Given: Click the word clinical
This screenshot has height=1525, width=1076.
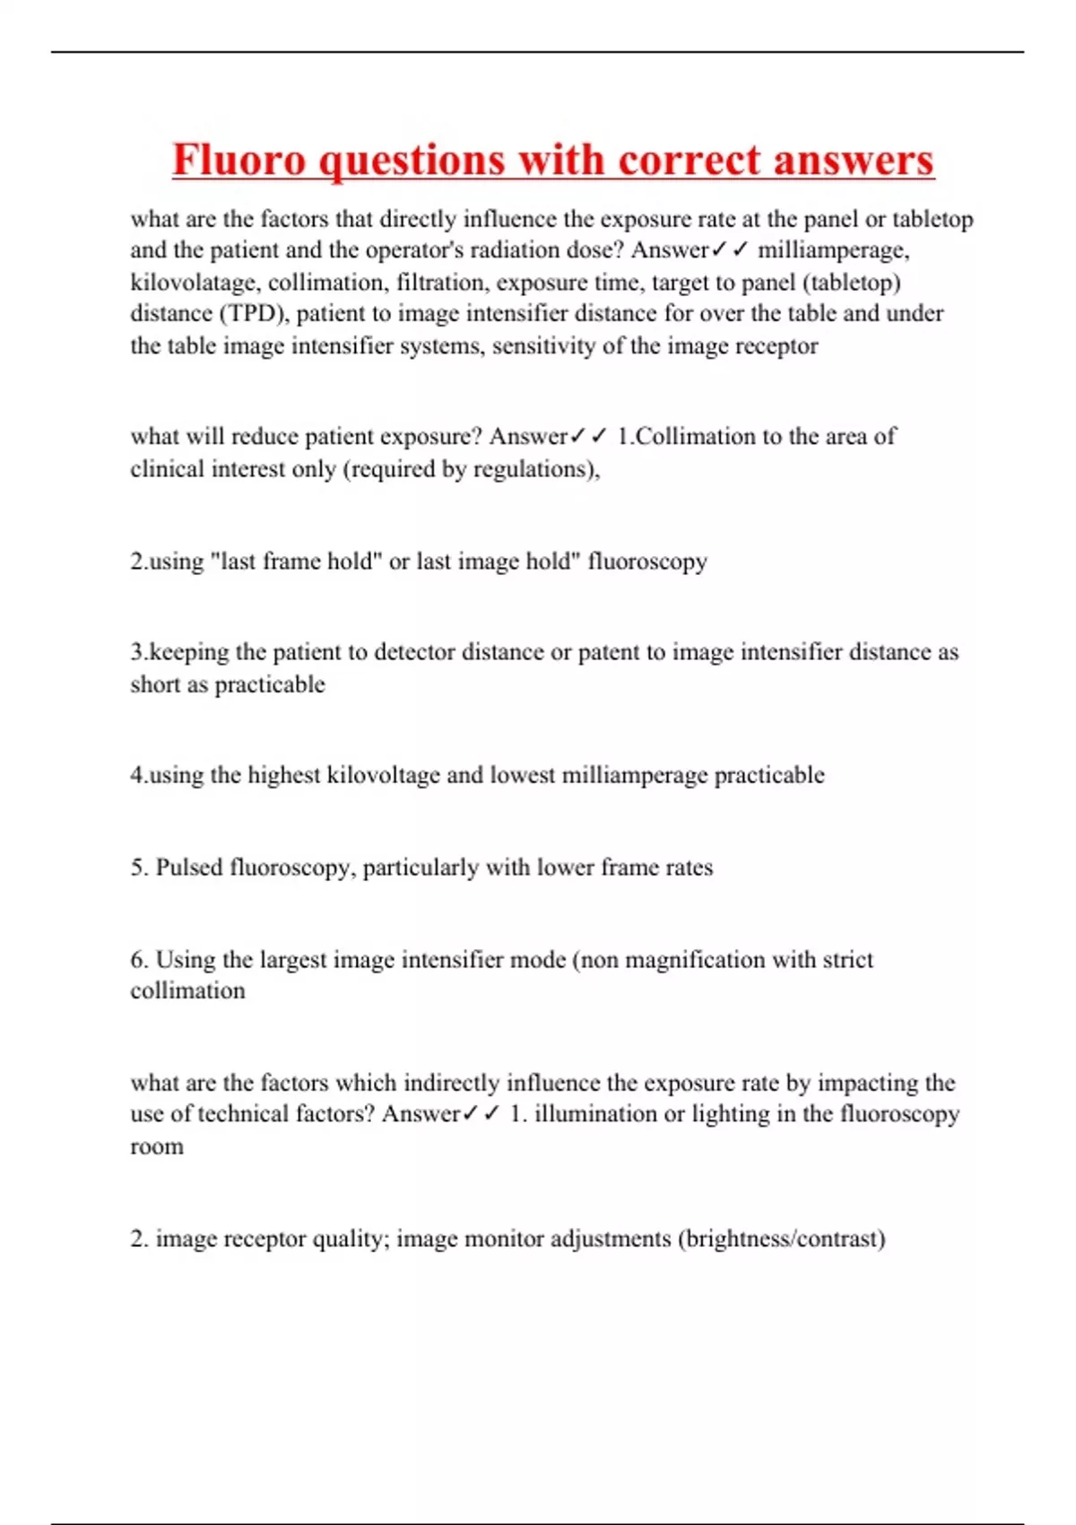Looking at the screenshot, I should pos(168,469).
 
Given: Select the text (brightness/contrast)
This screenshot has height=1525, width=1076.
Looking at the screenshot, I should pos(781,1239).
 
